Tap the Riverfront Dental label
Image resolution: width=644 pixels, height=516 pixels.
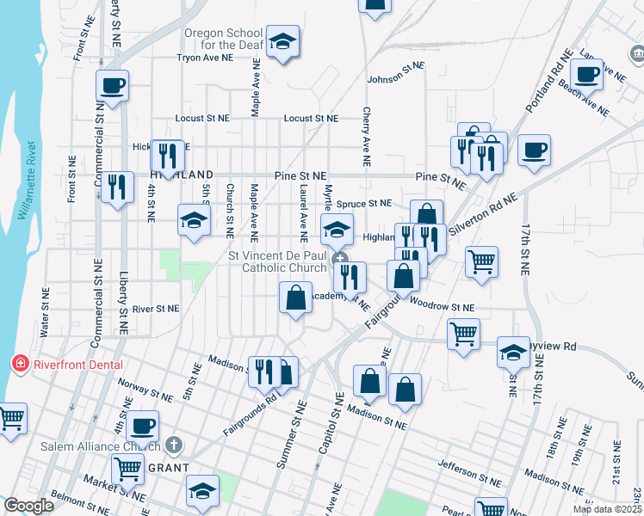(78, 364)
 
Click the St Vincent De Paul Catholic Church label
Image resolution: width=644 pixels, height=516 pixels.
(277, 261)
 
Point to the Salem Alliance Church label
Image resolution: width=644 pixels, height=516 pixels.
(100, 446)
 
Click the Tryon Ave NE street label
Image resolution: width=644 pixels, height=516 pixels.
(205, 58)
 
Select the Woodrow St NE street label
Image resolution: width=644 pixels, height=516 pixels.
(442, 304)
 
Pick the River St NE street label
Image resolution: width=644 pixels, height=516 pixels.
(156, 308)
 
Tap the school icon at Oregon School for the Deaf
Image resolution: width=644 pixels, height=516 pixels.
(282, 42)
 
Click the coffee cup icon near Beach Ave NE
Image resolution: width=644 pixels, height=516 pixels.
(587, 75)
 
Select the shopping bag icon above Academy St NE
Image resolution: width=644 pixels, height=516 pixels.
(295, 298)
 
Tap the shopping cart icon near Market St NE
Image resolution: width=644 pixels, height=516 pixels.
(128, 470)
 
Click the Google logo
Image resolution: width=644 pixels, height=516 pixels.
(28, 506)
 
